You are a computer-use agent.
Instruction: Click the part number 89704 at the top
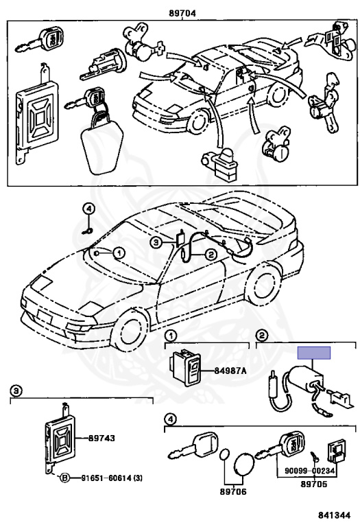(x=182, y=13)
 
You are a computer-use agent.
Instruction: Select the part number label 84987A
(x=230, y=371)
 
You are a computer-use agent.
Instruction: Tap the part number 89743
(x=101, y=438)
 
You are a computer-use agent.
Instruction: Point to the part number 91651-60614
(x=107, y=478)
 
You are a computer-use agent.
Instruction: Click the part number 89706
(x=233, y=491)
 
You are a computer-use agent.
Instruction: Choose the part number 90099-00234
(x=310, y=471)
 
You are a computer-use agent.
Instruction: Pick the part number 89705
(x=313, y=484)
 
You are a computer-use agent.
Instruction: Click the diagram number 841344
(x=334, y=515)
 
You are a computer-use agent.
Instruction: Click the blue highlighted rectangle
(x=314, y=353)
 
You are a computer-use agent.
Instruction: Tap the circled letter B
(x=65, y=478)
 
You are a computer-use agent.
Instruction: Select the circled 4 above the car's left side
(x=88, y=209)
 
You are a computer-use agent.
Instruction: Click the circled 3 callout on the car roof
(x=156, y=243)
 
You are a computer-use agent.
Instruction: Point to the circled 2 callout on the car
(x=211, y=255)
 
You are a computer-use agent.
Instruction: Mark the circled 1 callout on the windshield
(x=119, y=253)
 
